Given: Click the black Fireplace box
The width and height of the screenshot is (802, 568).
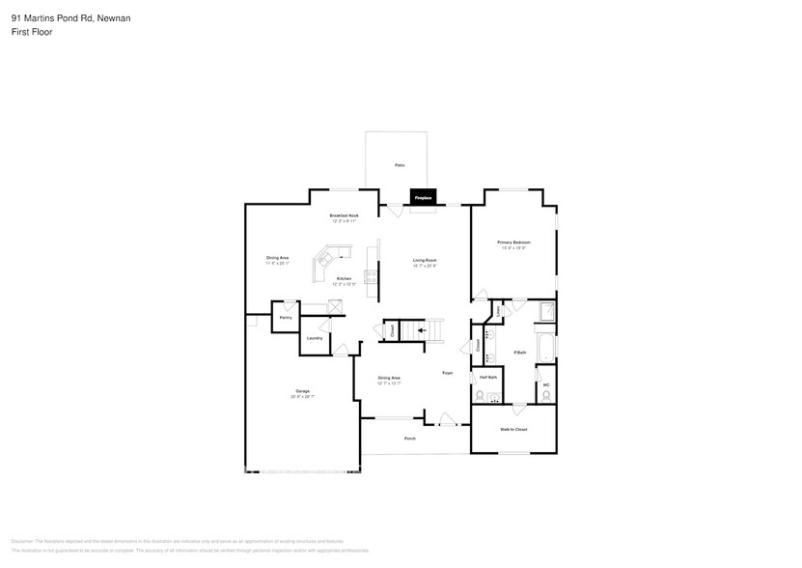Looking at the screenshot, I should coord(424,197).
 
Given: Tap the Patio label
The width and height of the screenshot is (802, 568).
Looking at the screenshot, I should coord(400,166).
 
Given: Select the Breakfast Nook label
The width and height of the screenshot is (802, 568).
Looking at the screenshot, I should coord(344,215).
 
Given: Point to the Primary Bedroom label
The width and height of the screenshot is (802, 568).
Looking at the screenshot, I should coord(513,241).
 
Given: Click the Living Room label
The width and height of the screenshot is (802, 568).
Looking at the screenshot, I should coord(425,260).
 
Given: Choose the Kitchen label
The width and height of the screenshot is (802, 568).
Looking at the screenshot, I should coord(344,278).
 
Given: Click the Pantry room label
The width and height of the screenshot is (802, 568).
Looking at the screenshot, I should coord(286,317).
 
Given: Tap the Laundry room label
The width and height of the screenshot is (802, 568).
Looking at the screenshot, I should coord(315,338).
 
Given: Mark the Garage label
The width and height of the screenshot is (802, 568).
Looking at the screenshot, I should coord(303,390).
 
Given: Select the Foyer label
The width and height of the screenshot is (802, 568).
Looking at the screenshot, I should coord(448,373).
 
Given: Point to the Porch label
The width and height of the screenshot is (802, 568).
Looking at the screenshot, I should coord(410,439).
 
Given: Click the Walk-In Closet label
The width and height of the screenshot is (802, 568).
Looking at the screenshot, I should coord(513,429).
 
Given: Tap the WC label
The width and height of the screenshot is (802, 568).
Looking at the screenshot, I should coord(545,385).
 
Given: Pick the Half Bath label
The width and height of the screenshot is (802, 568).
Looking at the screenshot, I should coord(488,377).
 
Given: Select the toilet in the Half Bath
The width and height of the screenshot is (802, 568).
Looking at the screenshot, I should coord(480,396).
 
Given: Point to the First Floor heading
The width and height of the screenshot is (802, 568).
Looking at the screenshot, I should coord(32,32).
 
